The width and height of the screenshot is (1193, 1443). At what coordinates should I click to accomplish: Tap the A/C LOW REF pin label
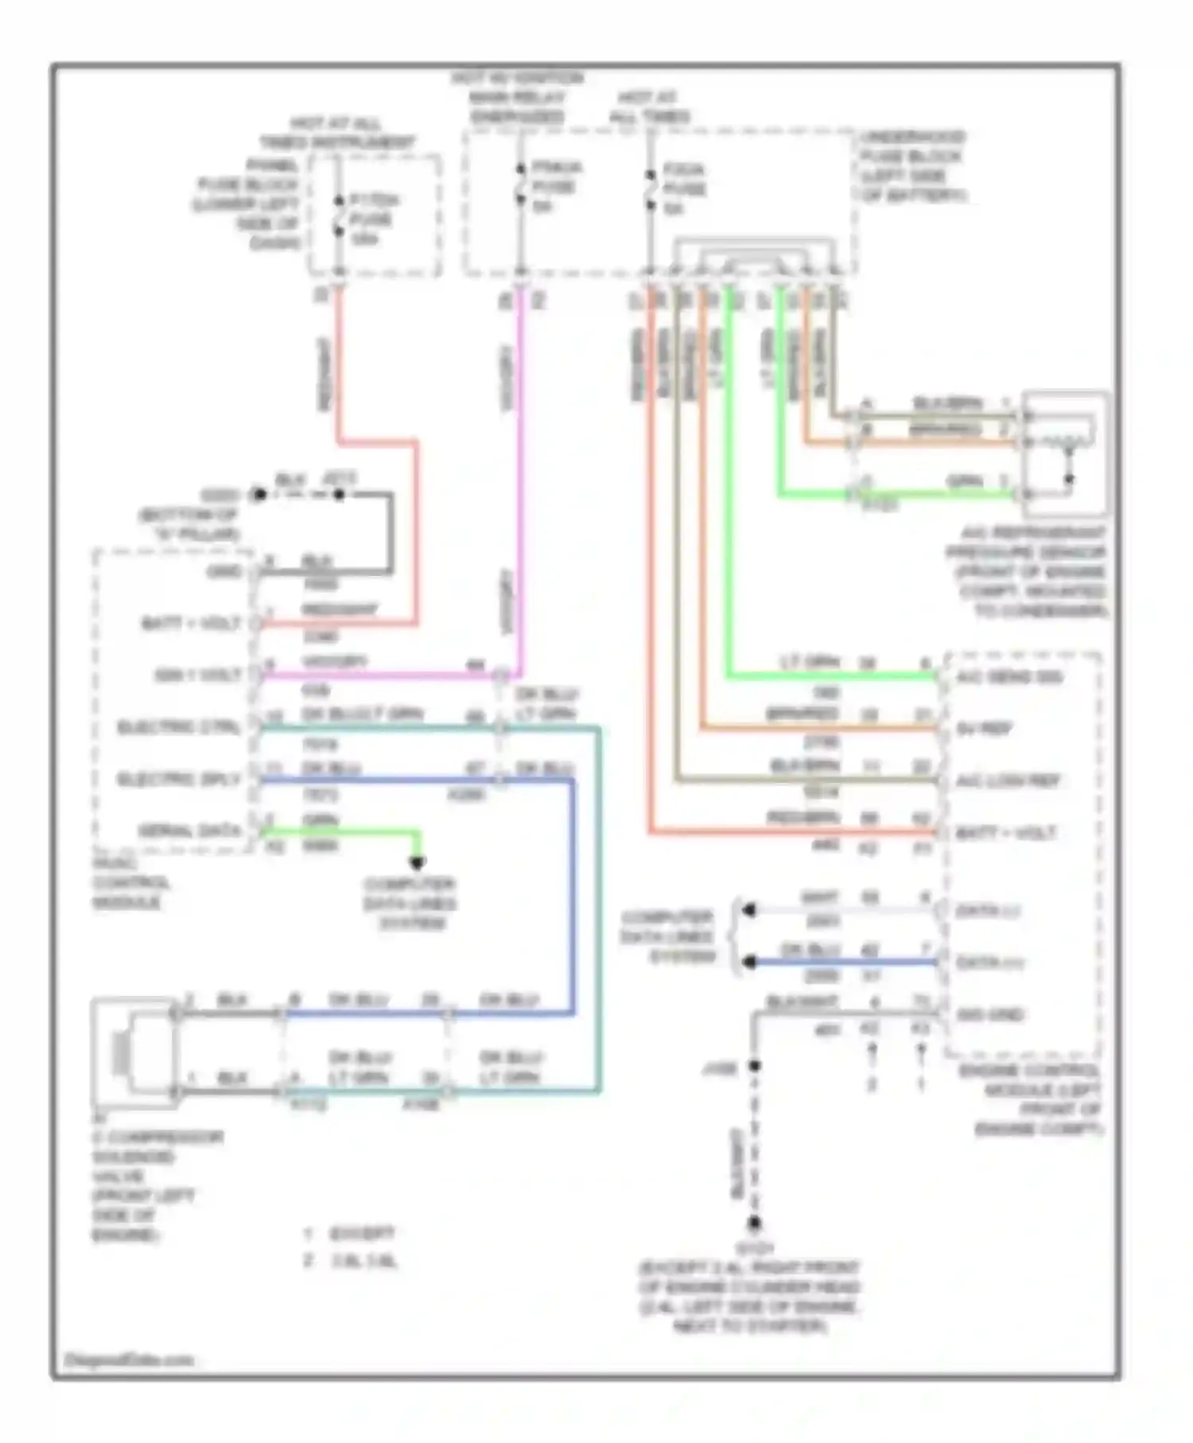click(1008, 781)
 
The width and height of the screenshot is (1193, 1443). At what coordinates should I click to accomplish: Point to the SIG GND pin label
click(989, 1015)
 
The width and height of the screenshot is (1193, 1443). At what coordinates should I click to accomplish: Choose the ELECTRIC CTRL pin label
click(178, 728)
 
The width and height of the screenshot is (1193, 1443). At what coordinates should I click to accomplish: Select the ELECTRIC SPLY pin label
click(178, 780)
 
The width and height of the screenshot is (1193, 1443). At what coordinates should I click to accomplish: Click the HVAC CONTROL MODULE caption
click(130, 883)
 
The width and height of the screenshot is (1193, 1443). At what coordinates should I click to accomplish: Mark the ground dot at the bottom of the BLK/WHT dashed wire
click(754, 1223)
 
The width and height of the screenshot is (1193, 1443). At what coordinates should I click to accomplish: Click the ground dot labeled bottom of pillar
click(258, 495)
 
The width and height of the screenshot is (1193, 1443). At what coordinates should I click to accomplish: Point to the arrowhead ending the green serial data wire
click(417, 862)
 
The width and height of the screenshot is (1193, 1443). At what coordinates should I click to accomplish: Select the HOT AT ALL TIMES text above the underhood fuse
click(649, 107)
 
